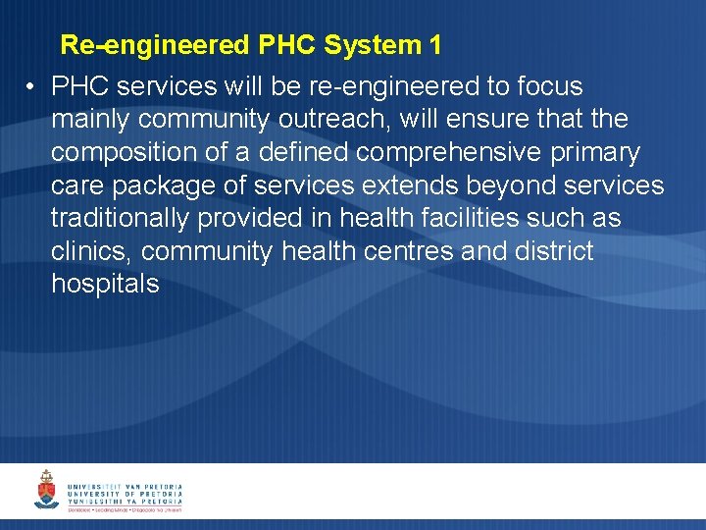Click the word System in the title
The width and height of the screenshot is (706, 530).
[x=371, y=45]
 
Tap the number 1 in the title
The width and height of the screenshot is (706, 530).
[x=434, y=45]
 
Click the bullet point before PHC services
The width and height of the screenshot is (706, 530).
[x=32, y=87]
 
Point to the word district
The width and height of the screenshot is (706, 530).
[x=554, y=251]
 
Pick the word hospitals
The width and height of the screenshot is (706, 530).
[x=105, y=285]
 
